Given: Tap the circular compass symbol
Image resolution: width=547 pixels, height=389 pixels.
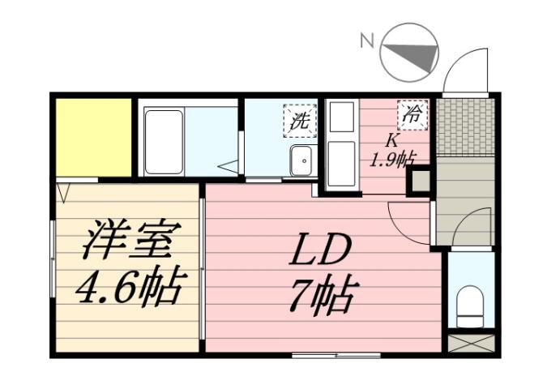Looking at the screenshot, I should [x=409, y=51].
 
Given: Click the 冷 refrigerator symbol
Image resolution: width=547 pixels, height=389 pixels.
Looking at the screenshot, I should [x=412, y=115].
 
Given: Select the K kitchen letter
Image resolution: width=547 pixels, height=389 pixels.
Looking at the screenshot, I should [x=391, y=139].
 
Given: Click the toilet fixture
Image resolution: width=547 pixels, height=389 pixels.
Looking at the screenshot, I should [x=470, y=304].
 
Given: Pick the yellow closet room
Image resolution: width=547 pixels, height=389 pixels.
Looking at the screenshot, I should [x=94, y=137].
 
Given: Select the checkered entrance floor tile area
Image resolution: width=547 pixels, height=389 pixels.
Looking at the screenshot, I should [x=464, y=127].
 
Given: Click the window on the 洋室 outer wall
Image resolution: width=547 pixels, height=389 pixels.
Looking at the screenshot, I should [x=53, y=267].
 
